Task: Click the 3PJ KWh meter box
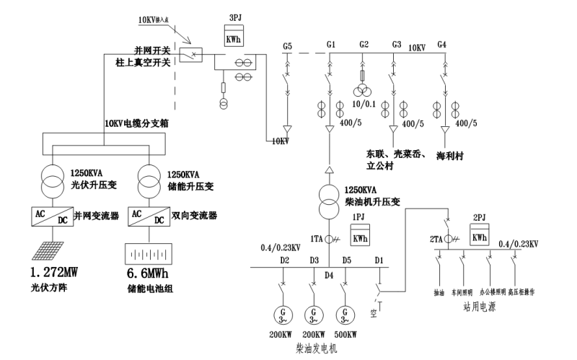233,40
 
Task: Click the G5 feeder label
287,46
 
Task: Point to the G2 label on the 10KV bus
364,45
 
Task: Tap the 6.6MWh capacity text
149,273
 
